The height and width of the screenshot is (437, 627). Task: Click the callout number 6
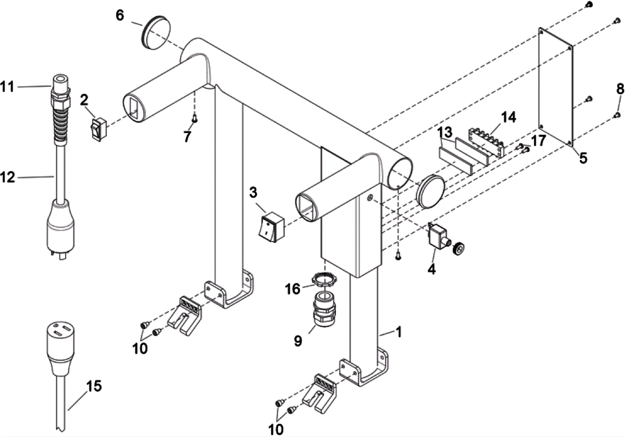120,15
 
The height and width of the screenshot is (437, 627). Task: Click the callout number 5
583,158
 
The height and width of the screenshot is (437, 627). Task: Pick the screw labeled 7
194,119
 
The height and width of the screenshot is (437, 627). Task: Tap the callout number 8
620,89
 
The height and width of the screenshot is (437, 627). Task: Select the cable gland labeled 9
324,308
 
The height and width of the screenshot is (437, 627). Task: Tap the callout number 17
539,140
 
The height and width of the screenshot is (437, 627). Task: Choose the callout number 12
8,177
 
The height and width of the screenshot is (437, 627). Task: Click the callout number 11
7,86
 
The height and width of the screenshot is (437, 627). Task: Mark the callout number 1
399,332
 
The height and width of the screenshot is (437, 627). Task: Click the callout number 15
94,386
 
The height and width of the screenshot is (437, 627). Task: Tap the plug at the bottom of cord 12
61,227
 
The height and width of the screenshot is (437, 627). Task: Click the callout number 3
253,192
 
